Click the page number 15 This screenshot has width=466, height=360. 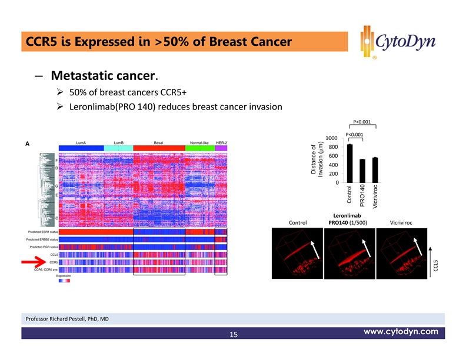coord(233,335)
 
